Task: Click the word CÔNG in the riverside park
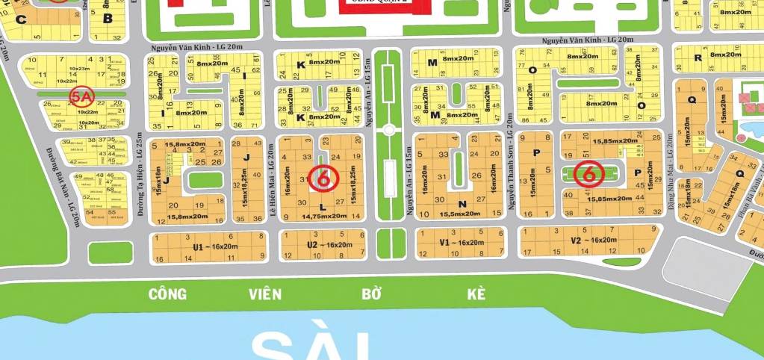167,294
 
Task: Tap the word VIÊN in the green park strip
266,294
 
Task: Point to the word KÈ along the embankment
476,294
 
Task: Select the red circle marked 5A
80,96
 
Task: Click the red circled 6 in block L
323,178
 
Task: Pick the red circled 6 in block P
590,174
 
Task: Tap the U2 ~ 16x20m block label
329,245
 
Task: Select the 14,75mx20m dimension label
324,216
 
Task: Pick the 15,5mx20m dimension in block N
461,214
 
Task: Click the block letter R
698,58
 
